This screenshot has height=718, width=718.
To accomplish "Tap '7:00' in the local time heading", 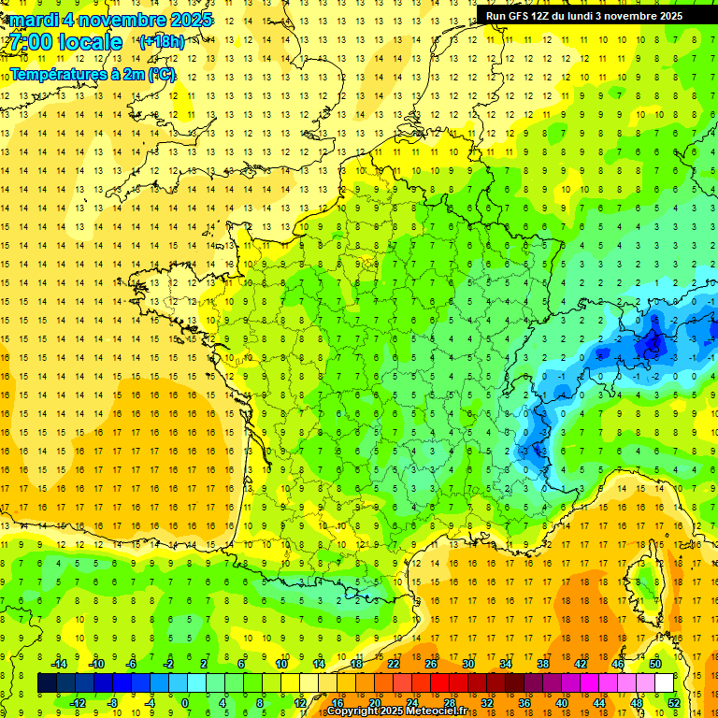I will click(x=31, y=42).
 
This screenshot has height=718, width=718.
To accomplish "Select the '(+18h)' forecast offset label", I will click(x=162, y=42).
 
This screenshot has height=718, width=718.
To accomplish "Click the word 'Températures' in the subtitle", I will click(x=55, y=74).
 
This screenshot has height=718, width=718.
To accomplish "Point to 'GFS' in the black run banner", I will click(x=519, y=16).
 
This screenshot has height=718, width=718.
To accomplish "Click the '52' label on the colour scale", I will click(x=674, y=702).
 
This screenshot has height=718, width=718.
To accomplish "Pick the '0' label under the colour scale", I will click(x=185, y=702).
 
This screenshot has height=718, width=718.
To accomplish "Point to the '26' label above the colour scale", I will click(x=431, y=664).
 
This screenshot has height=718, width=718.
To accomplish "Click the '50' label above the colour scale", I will click(x=655, y=664).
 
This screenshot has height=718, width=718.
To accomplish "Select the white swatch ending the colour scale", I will click(x=664, y=682).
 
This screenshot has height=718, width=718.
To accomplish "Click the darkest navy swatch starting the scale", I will click(x=47, y=682).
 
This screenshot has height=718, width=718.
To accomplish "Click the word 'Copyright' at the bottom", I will click(x=350, y=712).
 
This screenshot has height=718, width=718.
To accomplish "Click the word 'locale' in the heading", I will click(x=89, y=42).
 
